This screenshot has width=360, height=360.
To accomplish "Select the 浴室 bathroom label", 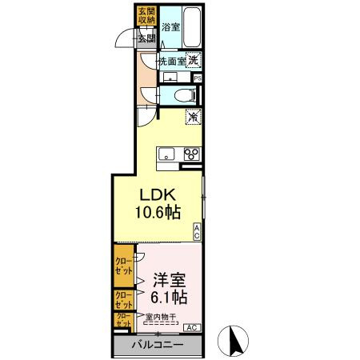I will pyautogui.click(x=170, y=26).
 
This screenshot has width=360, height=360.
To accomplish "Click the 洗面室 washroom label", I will pyautogui.click(x=170, y=60).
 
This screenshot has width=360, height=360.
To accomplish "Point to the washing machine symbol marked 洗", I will pyautogui.click(x=193, y=58).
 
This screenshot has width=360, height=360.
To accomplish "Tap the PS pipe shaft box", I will pyautogui.click(x=197, y=78).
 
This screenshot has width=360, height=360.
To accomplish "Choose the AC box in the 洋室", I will pyautogui.click(x=192, y=328).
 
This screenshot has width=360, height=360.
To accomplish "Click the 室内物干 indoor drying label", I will pyautogui.click(x=161, y=318).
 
